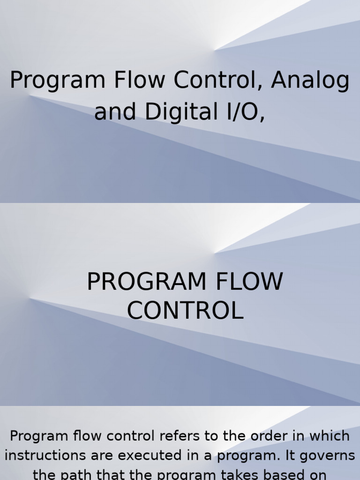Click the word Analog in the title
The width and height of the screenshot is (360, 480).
(x=310, y=81)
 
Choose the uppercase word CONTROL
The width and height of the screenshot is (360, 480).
(x=185, y=311)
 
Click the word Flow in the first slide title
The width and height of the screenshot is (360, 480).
(x=141, y=80)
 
